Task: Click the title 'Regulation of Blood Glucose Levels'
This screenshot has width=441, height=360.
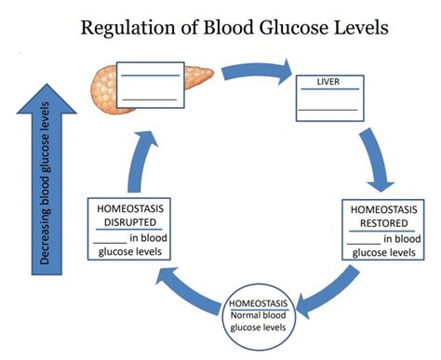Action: click(234, 27)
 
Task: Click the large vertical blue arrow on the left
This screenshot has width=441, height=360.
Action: click(43, 178)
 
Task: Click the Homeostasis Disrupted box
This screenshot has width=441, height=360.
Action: click(128, 232)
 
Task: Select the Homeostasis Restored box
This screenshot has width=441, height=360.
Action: click(383, 232)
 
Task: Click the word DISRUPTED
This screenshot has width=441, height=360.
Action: click(128, 222)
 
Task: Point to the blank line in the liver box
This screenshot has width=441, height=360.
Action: click(327, 109)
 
